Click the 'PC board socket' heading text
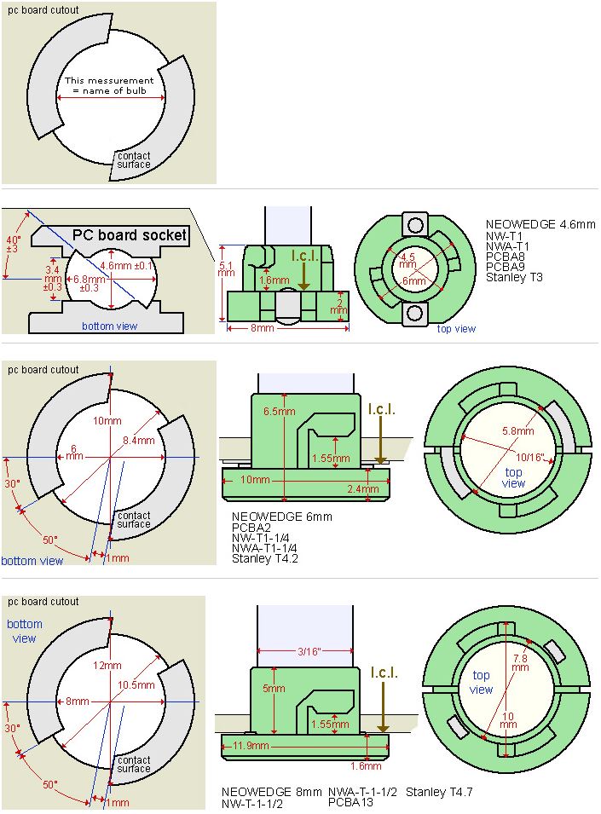click(130, 235)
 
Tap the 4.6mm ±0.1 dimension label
click(127, 266)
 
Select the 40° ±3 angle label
click(14, 244)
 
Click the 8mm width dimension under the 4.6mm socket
click(262, 328)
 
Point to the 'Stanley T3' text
click(514, 277)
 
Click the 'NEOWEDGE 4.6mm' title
click(540, 225)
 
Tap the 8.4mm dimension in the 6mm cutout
click(139, 441)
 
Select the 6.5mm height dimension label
click(280, 412)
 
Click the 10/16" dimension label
click(530, 458)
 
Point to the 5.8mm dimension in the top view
click(518, 431)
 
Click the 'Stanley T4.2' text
click(264, 558)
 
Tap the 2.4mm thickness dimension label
click(363, 489)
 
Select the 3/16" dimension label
click(309, 651)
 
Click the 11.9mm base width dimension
click(251, 746)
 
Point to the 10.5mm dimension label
click(136, 685)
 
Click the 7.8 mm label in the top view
click(521, 663)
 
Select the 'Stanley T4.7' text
click(439, 792)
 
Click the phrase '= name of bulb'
click(109, 91)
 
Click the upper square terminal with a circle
click(414, 226)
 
